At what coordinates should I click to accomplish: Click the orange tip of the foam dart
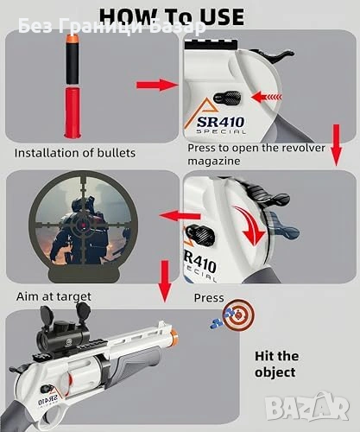pos(72,38)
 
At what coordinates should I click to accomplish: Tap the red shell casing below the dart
pos(73,113)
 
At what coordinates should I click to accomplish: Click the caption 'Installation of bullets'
pos(75,153)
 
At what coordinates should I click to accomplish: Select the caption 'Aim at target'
pos(54,296)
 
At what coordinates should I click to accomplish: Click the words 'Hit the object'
pos(275,364)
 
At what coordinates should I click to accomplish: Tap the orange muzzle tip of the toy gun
pos(174,335)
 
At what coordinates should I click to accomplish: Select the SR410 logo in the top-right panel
pos(220,124)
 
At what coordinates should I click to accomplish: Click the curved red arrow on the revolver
pos(249,226)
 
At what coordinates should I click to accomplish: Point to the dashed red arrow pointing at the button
pos(267,97)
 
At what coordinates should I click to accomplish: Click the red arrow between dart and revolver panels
pos(157,85)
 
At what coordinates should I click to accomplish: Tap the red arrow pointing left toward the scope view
pos(180,216)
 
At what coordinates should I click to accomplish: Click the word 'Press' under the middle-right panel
pos(209,298)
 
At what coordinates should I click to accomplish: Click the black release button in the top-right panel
pos(228,98)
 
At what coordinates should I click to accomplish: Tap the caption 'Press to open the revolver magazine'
pos(256,154)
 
